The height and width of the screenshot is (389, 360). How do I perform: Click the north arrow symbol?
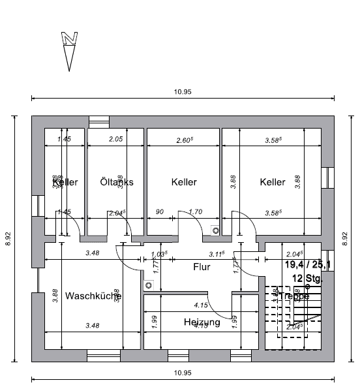click(x=70, y=50)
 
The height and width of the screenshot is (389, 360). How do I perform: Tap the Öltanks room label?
click(x=117, y=182)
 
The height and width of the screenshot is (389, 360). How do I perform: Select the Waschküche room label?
click(x=93, y=296)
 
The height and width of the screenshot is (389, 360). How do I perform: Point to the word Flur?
click(x=202, y=266)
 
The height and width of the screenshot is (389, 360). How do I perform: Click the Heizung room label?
click(x=202, y=322)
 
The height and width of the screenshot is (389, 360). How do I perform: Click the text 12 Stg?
click(x=307, y=279)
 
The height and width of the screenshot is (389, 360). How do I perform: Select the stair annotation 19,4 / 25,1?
click(x=308, y=264)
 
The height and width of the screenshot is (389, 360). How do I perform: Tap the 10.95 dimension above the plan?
click(x=183, y=92)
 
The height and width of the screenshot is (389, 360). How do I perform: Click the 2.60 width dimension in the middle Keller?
click(x=185, y=140)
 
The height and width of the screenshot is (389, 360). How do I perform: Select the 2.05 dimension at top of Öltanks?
click(x=115, y=140)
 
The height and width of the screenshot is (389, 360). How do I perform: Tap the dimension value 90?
click(x=159, y=211)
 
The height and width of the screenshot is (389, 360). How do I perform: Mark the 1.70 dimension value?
click(x=196, y=211)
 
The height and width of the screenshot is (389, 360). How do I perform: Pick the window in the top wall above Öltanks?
click(x=98, y=121)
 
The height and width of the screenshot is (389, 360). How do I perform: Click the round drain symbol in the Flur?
click(x=149, y=285)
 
